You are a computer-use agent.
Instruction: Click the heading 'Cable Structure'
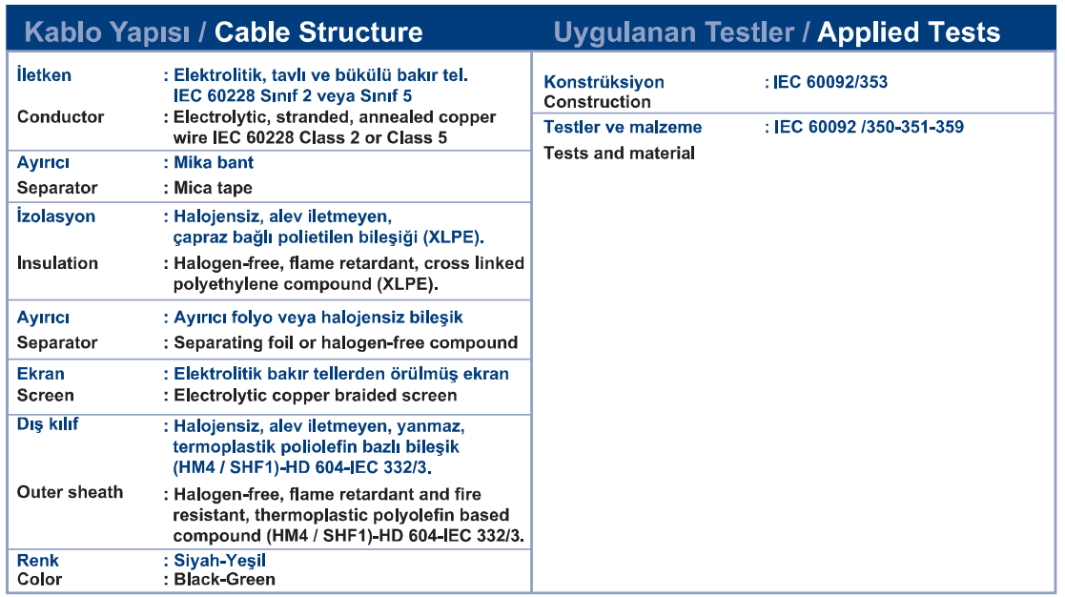[x=318, y=31]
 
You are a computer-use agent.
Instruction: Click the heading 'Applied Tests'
[x=909, y=31]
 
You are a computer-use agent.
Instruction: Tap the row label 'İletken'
[x=44, y=74]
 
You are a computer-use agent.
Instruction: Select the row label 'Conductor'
[x=60, y=116]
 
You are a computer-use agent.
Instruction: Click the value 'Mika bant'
[x=214, y=162]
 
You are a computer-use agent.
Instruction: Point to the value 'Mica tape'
[x=213, y=188]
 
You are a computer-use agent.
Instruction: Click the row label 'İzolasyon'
[x=55, y=216]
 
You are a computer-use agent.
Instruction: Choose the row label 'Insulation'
[x=57, y=263]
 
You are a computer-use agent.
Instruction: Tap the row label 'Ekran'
[x=41, y=374]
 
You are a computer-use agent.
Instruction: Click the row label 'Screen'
[x=46, y=395]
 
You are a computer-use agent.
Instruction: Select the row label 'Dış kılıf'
[x=48, y=423]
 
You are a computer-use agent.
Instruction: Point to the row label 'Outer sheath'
[x=70, y=492]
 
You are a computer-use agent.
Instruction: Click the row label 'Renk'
[x=38, y=561]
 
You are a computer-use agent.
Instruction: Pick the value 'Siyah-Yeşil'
[x=219, y=561]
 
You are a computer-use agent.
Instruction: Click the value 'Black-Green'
[x=224, y=579]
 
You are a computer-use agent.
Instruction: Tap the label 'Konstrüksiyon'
[x=604, y=82]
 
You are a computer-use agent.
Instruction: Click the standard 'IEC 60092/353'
[x=830, y=82]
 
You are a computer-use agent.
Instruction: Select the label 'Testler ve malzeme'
[x=623, y=127]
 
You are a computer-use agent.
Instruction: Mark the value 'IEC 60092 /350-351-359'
[x=868, y=127]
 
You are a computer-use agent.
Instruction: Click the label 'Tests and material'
[x=619, y=153]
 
